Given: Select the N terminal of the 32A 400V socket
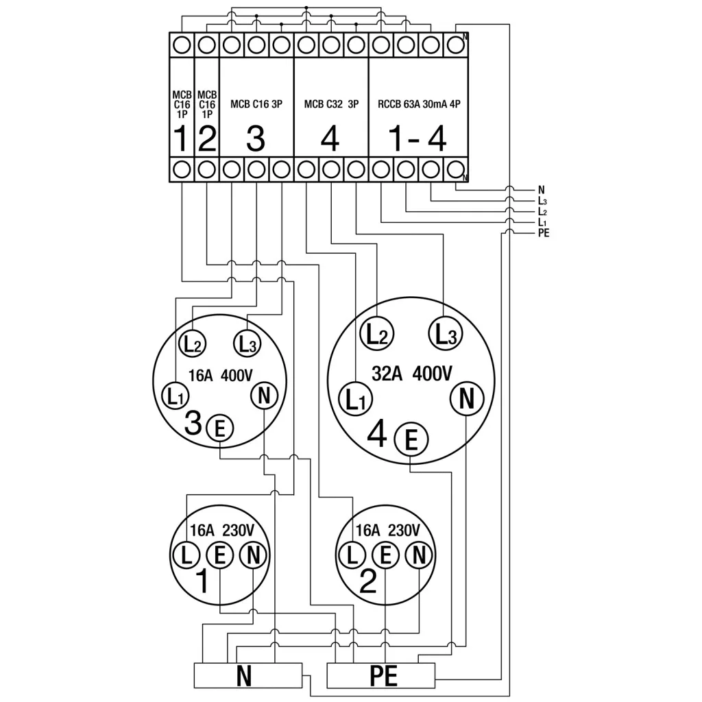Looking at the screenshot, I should [x=466, y=398].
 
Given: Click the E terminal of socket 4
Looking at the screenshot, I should [x=411, y=438].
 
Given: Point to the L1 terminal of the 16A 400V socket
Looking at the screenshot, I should [x=174, y=396].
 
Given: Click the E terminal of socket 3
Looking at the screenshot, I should [x=220, y=429].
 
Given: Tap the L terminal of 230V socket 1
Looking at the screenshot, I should [x=186, y=555].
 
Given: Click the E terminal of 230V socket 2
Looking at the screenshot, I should [x=385, y=555].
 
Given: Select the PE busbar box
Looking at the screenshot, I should [x=382, y=676].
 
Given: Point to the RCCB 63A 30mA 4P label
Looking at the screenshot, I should [x=418, y=106].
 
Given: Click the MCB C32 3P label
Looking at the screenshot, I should [x=330, y=106].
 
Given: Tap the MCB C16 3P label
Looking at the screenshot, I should [x=256, y=106].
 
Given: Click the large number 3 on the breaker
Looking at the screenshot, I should [x=255, y=139].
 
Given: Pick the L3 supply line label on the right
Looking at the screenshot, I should [x=543, y=201].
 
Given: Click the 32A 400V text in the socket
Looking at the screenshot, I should [x=412, y=374].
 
